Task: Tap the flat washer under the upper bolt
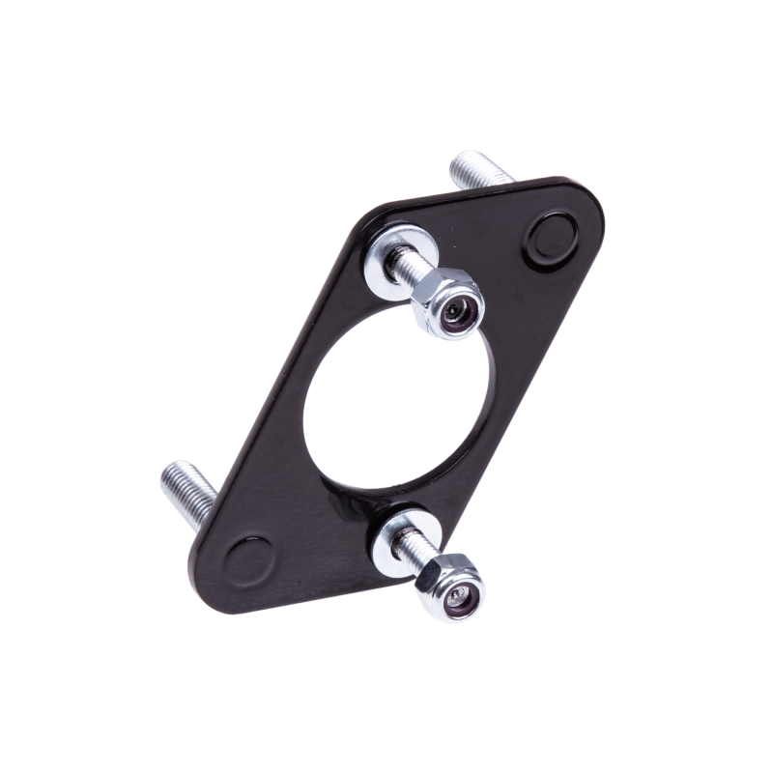click(x=385, y=254)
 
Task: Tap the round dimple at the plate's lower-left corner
click(x=249, y=560)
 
